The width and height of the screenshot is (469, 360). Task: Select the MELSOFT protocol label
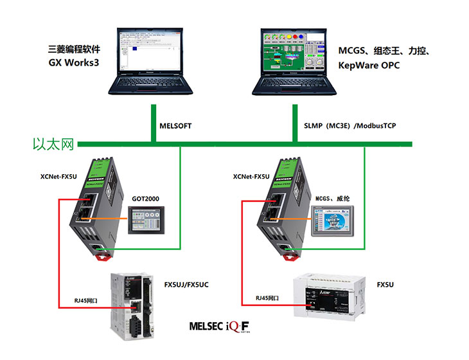click(175, 125)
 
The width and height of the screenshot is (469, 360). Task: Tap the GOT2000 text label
click(145, 199)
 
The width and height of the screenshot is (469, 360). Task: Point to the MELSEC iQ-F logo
click(219, 326)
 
